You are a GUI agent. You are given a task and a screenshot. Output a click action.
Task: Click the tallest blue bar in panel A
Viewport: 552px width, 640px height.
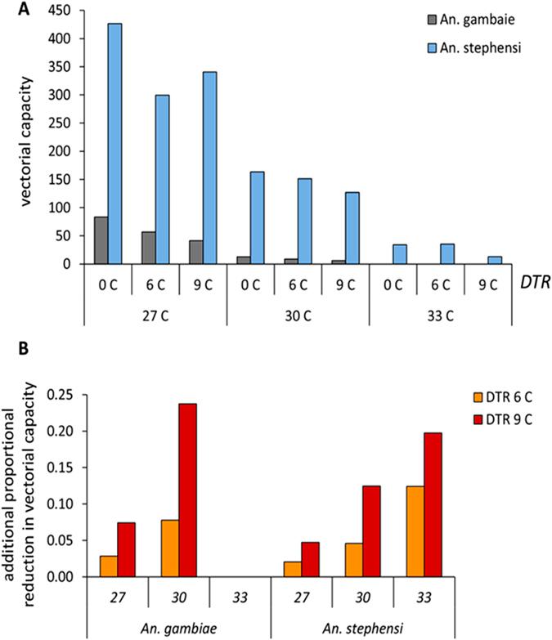(x=114, y=143)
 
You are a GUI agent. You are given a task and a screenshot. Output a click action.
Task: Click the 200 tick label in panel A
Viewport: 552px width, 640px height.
(x=68, y=151)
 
